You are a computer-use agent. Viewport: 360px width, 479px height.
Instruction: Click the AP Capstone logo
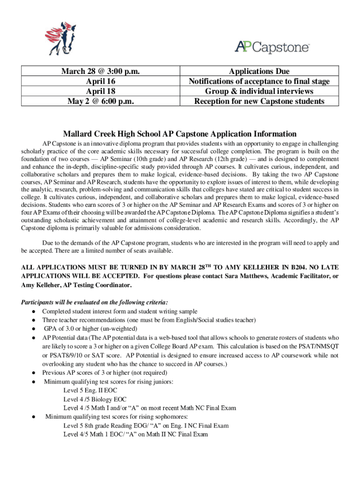click(272, 46)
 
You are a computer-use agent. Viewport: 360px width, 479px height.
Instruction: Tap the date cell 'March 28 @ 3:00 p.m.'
click(101, 72)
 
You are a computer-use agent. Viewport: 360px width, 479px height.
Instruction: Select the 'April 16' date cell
click(101, 81)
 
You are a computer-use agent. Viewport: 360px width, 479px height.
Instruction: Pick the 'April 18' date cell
click(101, 91)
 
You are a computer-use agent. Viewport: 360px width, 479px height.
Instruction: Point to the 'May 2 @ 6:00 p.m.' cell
click(101, 101)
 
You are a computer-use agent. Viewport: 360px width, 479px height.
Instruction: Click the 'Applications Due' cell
click(259, 72)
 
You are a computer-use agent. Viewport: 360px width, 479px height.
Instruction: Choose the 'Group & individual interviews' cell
click(259, 91)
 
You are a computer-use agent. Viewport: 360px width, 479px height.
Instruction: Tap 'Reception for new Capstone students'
click(259, 101)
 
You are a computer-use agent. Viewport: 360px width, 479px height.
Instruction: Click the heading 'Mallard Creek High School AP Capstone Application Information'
click(180, 134)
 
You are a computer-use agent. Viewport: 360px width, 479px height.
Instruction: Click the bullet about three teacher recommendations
click(149, 320)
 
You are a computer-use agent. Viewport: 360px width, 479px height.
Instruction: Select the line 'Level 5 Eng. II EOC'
click(90, 391)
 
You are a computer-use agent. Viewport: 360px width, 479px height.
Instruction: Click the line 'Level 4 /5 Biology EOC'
click(95, 399)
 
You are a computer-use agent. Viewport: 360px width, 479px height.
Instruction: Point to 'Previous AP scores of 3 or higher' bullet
click(104, 373)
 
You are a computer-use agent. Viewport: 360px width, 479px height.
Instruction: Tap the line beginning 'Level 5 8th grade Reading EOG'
click(146, 426)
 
